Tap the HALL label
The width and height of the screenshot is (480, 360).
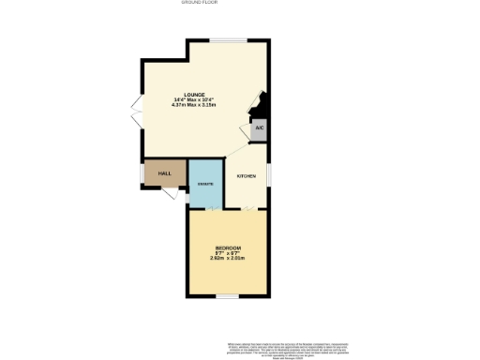point(164,174)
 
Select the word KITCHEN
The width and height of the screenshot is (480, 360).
point(247,176)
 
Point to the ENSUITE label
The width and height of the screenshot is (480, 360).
point(205,184)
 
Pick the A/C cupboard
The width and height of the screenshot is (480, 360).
point(260,128)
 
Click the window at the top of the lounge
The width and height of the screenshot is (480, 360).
point(223,39)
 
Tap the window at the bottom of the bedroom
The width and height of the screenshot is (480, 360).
point(225,296)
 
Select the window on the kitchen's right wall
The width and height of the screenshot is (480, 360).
point(269,174)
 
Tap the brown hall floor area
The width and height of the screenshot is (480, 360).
point(159,174)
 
